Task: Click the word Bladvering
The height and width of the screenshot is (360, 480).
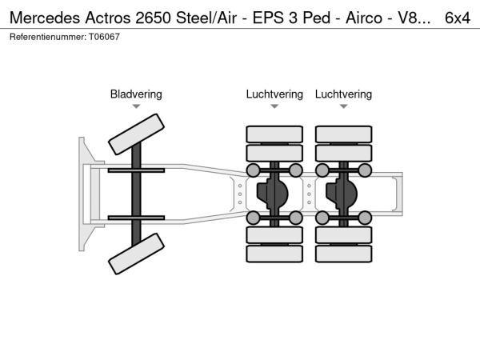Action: [136, 94]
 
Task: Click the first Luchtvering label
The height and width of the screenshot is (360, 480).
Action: [274, 94]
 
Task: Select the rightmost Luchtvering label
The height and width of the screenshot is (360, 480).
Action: [343, 94]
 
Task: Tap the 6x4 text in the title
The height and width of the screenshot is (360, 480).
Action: [458, 17]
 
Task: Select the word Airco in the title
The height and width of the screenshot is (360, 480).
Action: [346, 17]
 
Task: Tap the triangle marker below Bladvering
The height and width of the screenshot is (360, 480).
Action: [136, 106]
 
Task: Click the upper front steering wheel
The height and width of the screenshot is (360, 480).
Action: [136, 133]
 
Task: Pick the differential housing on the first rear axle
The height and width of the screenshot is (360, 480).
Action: [274, 193]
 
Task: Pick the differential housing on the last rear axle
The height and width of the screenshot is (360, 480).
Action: [343, 193]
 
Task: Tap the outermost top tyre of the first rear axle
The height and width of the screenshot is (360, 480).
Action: [274, 133]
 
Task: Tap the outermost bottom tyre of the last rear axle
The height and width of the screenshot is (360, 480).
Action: [343, 254]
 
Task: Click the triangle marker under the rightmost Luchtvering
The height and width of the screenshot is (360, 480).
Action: [343, 106]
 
